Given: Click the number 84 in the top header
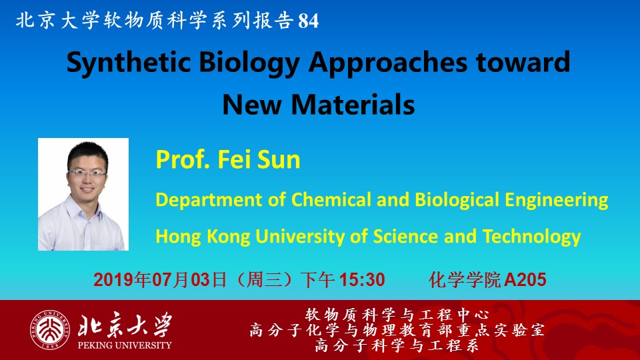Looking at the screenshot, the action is pyautogui.click(x=309, y=21).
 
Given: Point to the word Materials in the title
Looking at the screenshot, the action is pyautogui.click(x=353, y=105).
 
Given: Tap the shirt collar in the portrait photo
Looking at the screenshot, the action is pyautogui.click(x=84, y=209).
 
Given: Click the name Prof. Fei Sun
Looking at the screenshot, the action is pyautogui.click(x=228, y=159).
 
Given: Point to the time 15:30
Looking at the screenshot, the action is pyautogui.click(x=362, y=280).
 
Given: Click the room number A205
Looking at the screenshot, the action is pyautogui.click(x=525, y=280).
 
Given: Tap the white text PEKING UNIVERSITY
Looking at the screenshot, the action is pyautogui.click(x=125, y=345).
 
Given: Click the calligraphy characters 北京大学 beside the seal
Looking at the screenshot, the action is pyautogui.click(x=125, y=325).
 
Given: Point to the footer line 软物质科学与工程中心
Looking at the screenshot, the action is pyautogui.click(x=397, y=315).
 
